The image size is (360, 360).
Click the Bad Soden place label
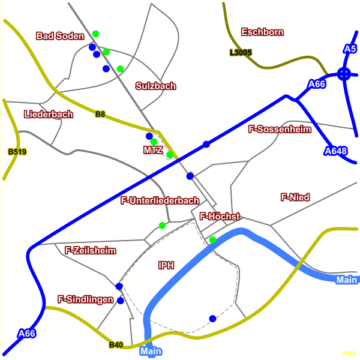pos(60,36)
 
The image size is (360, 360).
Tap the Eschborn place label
pos(262,32)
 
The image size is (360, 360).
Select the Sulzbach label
pos(156,86)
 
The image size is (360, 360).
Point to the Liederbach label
pos(49,114)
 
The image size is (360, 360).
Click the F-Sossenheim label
pos(277,128)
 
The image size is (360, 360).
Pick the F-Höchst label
pos(220,216)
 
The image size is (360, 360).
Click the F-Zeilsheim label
pos(90,250)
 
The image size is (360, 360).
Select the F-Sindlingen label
pos(86,298)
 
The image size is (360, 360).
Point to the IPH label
pos(166,265)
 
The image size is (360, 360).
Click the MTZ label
pos(153,150)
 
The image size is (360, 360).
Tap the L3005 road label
pos(240,53)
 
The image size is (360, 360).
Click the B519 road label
pos(17,152)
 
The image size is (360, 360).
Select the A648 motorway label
pos(335,151)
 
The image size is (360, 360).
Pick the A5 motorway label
pos(350,48)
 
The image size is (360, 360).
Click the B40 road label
pos(116,344)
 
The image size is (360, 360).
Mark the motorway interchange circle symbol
pos(344,74)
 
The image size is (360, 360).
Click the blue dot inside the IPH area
pos(212,318)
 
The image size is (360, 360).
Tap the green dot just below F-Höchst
pos(212,240)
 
